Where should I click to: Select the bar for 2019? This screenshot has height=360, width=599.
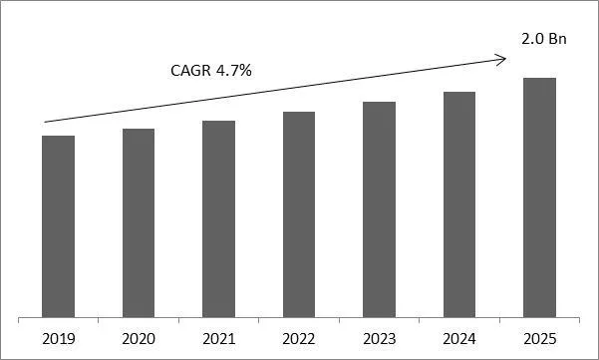point(59,226)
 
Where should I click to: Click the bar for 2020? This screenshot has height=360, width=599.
point(139,223)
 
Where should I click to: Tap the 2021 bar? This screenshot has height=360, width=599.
point(218,219)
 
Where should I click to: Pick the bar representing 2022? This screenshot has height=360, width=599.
point(299,214)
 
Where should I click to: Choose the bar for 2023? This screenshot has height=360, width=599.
point(379,209)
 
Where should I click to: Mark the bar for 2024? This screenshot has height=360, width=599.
point(458,204)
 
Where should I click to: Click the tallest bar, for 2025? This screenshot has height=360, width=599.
point(539,197)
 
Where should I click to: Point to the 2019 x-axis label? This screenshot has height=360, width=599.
point(59,338)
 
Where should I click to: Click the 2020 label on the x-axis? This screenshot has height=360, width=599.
point(139,338)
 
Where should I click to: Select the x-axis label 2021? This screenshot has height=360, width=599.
point(218,338)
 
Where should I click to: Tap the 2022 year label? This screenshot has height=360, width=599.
point(299,338)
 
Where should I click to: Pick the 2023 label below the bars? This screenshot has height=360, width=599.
point(379,338)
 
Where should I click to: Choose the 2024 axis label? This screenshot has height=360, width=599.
point(458,338)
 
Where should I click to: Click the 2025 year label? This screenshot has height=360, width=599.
point(539,338)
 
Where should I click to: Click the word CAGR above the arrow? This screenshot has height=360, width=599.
point(186,72)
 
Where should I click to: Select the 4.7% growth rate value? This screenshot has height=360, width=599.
point(230,72)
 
